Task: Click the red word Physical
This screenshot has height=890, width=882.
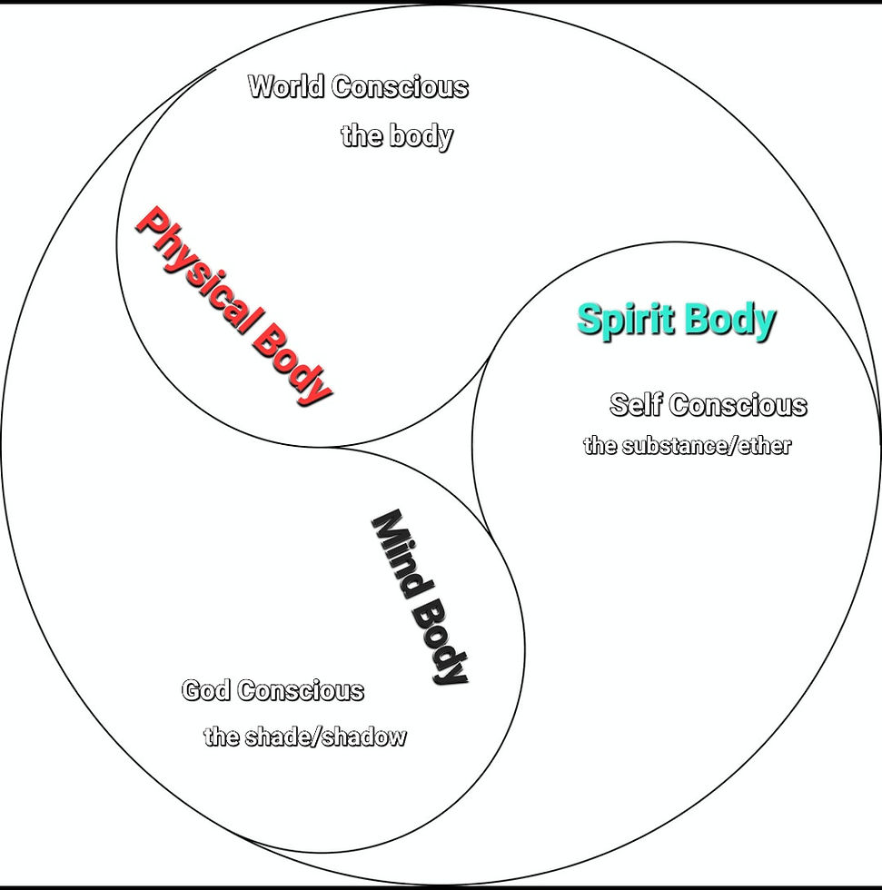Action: point(195,272)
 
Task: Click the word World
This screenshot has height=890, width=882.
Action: point(286,87)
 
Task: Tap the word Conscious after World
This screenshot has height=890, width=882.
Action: point(401,87)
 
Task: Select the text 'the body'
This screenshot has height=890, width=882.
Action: point(396,136)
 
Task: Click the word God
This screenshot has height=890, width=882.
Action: point(206,690)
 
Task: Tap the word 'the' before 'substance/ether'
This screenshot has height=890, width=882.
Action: point(600,446)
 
